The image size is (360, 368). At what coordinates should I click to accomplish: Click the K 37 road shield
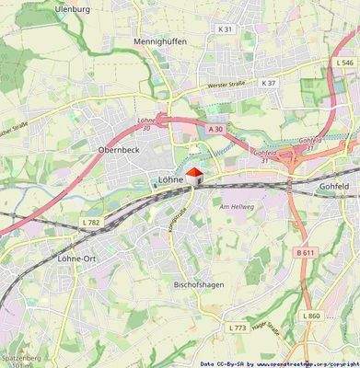click(268, 83)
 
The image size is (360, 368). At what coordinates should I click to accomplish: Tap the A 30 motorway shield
click(215, 130)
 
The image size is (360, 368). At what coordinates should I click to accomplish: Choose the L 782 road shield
click(90, 223)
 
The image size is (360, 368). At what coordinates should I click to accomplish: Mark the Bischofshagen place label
click(197, 285)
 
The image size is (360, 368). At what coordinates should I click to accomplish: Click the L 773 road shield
click(237, 328)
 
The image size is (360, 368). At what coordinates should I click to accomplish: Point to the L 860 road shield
click(311, 316)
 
